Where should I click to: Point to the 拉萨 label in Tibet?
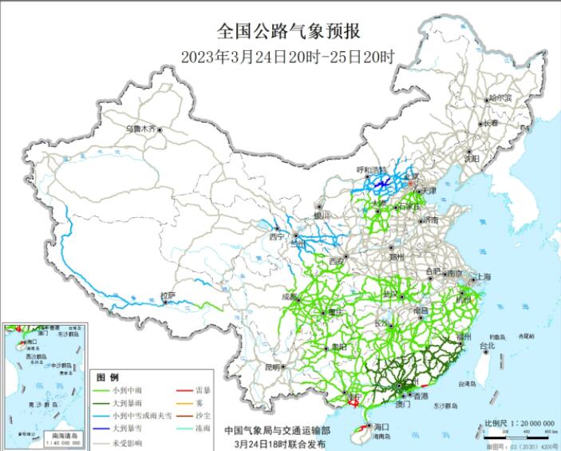pos(166,295)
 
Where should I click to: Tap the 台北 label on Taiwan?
pos(486,346)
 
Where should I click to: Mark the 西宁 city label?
pos(276,236)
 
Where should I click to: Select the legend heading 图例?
pos(108,376)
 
